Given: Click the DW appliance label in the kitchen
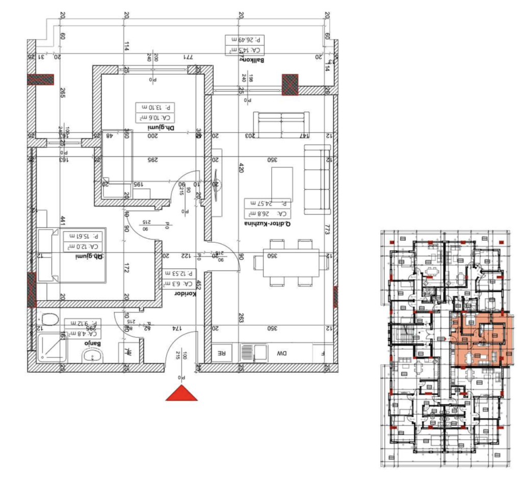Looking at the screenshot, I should tap(281, 352).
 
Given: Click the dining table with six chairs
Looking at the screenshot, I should tap(291, 263).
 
